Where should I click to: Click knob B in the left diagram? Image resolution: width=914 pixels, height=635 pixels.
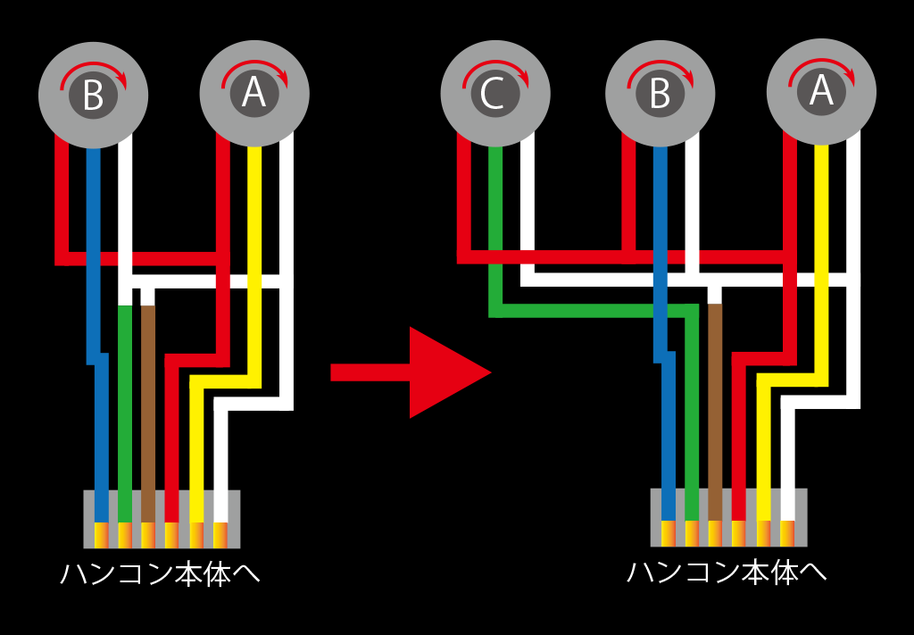tap(93, 94)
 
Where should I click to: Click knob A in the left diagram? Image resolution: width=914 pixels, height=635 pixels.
tap(254, 93)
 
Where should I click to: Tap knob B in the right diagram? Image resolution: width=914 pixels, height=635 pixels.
tap(660, 94)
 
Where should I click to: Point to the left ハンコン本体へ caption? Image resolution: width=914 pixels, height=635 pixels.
tap(161, 572)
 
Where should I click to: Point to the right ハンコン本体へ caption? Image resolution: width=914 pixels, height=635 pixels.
tap(727, 572)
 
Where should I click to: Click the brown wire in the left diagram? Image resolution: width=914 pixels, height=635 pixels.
tap(148, 402)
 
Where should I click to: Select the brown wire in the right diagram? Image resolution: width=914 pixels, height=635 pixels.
tap(714, 402)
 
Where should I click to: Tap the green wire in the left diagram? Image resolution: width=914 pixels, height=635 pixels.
tap(125, 402)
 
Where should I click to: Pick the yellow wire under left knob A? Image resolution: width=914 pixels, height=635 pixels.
tap(254, 223)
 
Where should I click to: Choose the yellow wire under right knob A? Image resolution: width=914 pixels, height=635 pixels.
tap(822, 223)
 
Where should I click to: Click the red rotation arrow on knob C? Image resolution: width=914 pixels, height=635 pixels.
tap(496, 75)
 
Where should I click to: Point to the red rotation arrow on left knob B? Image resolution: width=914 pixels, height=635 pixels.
tap(93, 75)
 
